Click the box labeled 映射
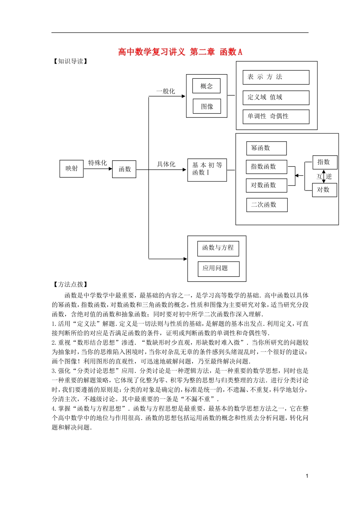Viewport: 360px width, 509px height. pos(72,169)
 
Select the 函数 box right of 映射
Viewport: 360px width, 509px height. pos(124,169)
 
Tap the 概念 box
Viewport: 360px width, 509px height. pos(207,86)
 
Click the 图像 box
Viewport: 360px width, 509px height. pos(207,106)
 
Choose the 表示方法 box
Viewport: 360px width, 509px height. pos(276,77)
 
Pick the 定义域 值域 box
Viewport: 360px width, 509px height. pos(276,97)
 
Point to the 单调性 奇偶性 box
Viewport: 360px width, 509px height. pos(276,117)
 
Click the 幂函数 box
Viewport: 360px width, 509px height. pos(266,148)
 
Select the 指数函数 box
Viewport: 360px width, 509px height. pos(267,167)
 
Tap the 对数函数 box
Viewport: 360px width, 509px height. pos(267,185)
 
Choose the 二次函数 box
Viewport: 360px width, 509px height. pos(267,205)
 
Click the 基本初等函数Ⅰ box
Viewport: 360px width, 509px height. pos(207,170)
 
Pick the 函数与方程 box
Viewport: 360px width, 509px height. pos(218,248)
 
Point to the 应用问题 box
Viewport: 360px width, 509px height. pos(218,269)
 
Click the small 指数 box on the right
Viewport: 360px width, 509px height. pos(324,162)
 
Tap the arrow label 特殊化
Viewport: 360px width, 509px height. pos(97,163)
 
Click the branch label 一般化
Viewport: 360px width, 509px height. pos(166,91)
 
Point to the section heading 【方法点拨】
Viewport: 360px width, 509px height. pos(70,284)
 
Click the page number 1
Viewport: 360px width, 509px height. pos(307,476)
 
